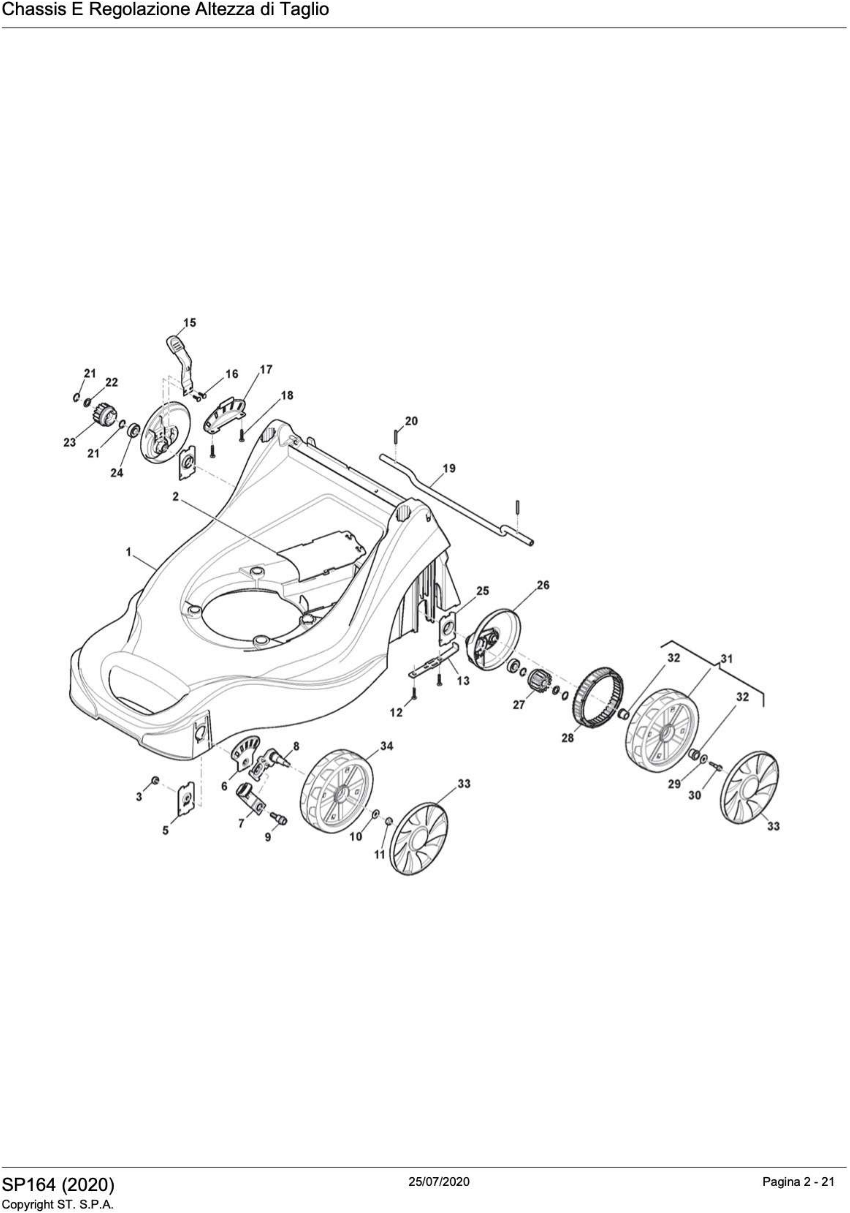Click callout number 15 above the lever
pyautogui.click(x=190, y=322)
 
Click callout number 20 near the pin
pyautogui.click(x=411, y=421)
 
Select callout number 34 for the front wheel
pyautogui.click(x=387, y=747)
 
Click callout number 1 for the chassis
pyautogui.click(x=128, y=552)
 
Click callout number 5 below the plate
pyautogui.click(x=165, y=831)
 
